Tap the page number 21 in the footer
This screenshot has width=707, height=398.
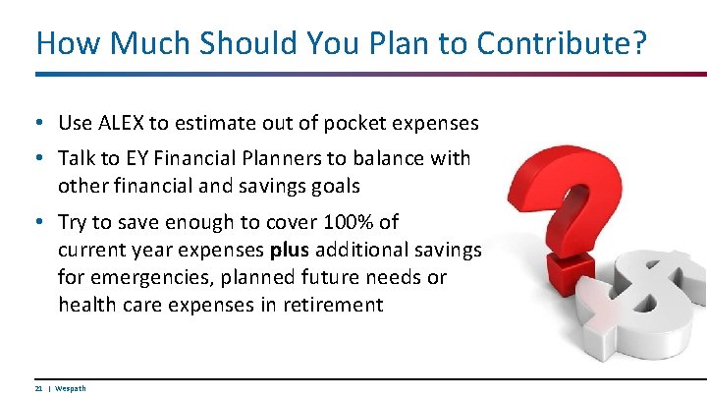(x=37, y=388)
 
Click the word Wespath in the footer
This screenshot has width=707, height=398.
(x=71, y=388)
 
